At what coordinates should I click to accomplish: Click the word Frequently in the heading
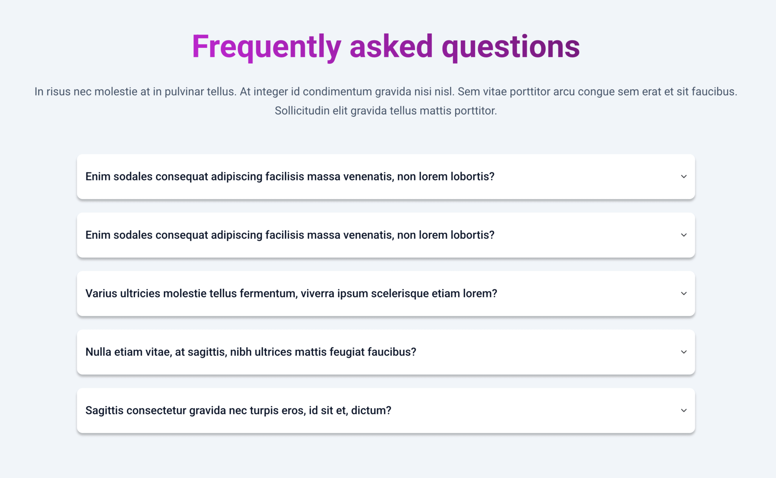click(266, 47)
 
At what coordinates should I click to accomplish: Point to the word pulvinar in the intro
click(184, 92)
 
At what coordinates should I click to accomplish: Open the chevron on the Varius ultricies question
click(684, 293)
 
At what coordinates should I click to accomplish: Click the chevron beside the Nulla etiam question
click(684, 352)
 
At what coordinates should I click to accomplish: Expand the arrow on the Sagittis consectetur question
click(684, 411)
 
